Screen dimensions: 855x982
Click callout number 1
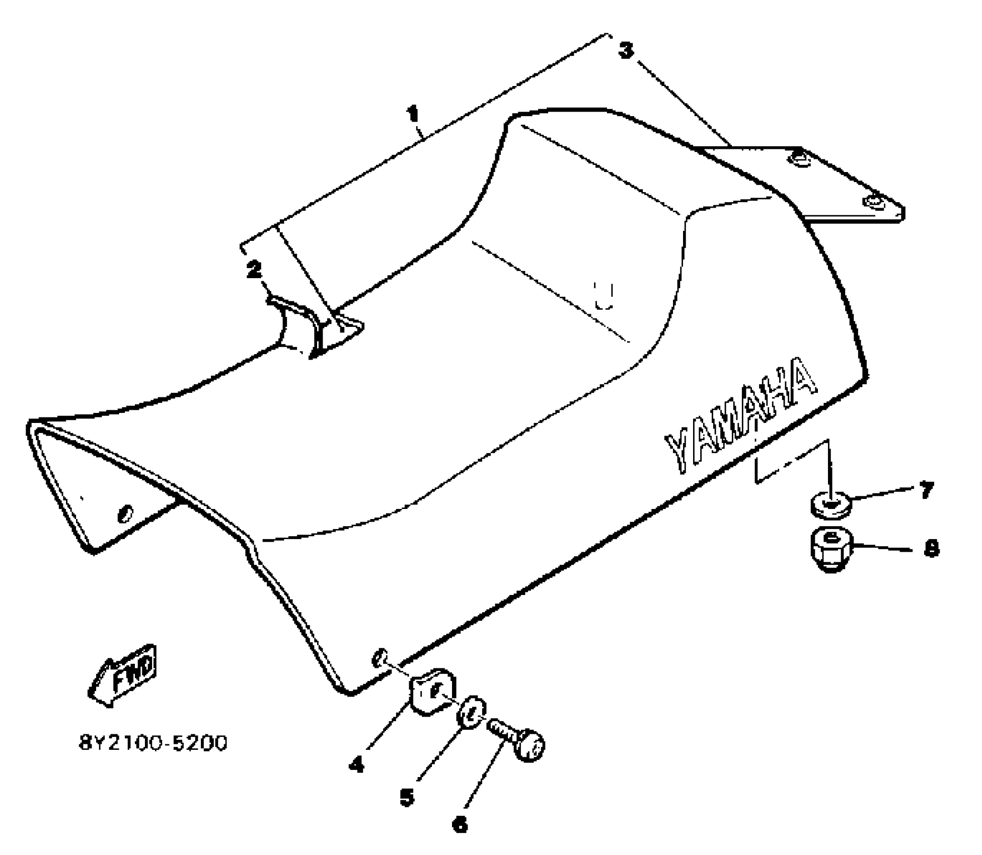413,114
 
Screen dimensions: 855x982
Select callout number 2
254,270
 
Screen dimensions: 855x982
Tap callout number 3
626,51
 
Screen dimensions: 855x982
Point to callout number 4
356,765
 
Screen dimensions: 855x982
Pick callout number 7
926,490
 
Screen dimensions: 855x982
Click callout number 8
931,549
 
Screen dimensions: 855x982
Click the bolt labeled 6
518,741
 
